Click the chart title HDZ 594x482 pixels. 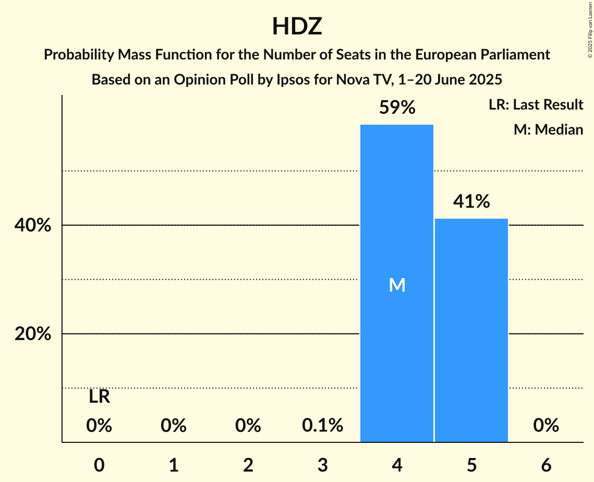click(x=297, y=27)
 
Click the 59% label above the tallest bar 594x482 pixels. click(x=397, y=108)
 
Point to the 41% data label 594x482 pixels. click(x=471, y=201)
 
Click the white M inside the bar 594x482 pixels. click(x=397, y=285)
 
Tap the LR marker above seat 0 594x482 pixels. click(x=99, y=397)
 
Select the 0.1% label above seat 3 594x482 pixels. click(x=322, y=426)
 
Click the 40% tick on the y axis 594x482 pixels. click(x=32, y=226)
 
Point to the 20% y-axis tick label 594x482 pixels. click(x=32, y=334)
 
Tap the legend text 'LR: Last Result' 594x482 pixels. click(x=536, y=105)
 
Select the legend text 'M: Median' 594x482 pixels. click(x=548, y=129)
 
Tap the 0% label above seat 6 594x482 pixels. click(x=546, y=426)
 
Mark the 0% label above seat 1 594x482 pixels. click(x=174, y=426)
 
